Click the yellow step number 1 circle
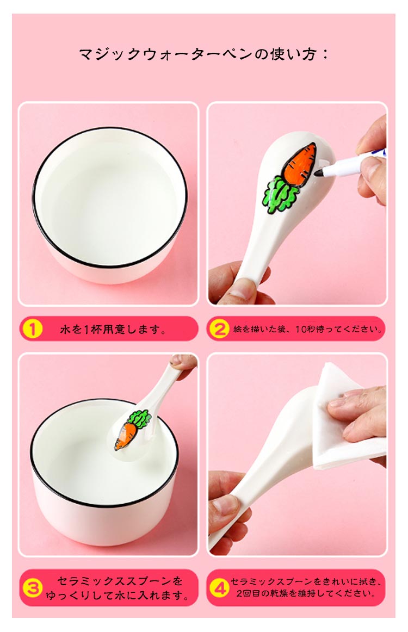pyautogui.click(x=32, y=329)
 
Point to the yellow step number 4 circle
pyautogui.click(x=219, y=587)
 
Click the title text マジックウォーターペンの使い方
pyautogui.click(x=198, y=54)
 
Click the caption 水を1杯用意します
pyautogui.click(x=113, y=329)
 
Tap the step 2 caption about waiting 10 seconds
pyautogui.click(x=307, y=329)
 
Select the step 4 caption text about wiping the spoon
pyautogui.click(x=306, y=587)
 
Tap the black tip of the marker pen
pyautogui.click(x=320, y=173)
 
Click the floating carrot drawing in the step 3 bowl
pyautogui.click(x=132, y=430)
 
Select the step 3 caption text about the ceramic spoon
pyautogui.click(x=117, y=587)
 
